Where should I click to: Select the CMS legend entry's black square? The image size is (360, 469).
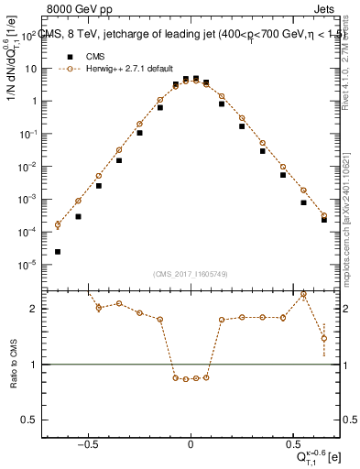tap(67, 56)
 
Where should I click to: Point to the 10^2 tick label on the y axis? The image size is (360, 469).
tap(28, 37)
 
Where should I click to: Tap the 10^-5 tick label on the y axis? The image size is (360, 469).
tap(28, 265)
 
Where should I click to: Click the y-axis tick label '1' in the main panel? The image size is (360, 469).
tap(33, 102)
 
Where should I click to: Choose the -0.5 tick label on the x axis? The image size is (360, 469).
tap(87, 442)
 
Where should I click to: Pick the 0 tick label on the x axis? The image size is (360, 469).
tap(191, 442)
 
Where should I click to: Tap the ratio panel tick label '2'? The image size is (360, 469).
tap(34, 309)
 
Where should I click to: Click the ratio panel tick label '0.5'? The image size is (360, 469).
tap(29, 420)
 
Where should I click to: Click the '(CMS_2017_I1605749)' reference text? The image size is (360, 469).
tap(191, 274)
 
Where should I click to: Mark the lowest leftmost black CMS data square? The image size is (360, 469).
tap(58, 252)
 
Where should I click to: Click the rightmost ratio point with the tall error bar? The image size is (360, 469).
tap(324, 338)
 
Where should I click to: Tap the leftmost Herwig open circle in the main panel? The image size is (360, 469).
tap(58, 224)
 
